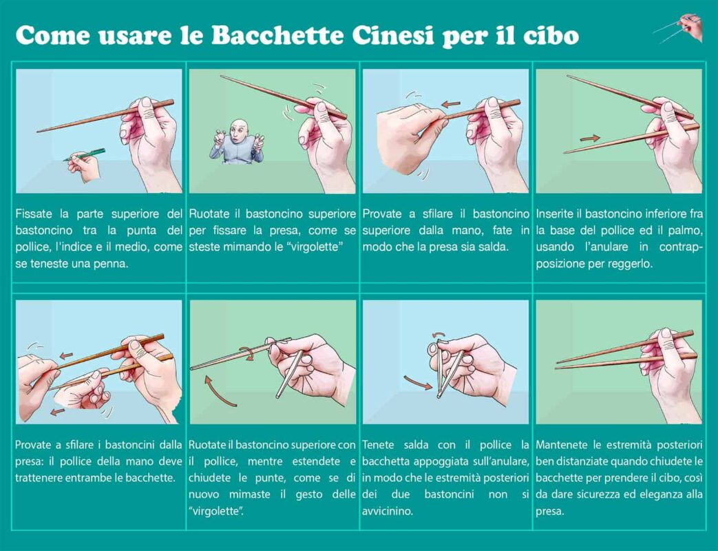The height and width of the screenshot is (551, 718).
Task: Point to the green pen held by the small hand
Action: (86, 154)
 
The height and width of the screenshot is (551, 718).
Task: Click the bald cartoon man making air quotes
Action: (236, 143)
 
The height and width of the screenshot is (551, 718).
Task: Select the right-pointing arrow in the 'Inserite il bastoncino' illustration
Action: (589, 138)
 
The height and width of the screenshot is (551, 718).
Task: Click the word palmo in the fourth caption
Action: (686, 230)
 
